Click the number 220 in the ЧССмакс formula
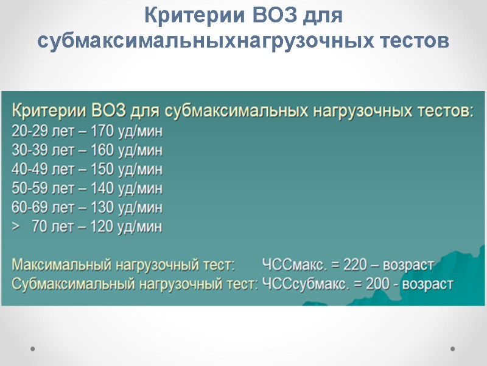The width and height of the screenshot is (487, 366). [x=356, y=265]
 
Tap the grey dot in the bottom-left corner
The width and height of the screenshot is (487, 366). [x=33, y=348]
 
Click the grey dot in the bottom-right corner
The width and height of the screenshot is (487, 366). [x=453, y=348]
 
